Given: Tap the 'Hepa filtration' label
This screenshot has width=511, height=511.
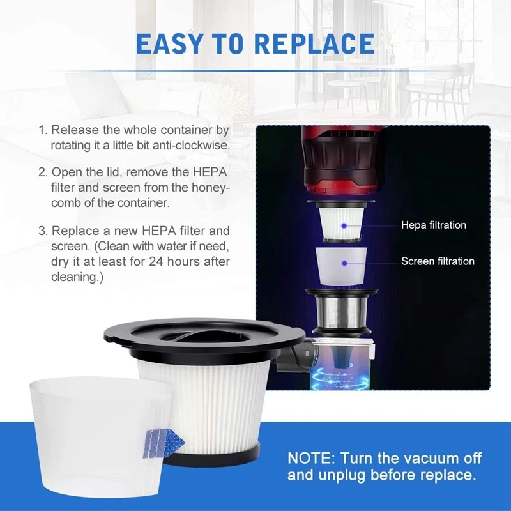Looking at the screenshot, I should click(434, 225).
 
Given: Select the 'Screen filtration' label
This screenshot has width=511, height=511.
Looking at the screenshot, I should click(438, 261).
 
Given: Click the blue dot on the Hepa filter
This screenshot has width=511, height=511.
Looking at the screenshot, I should click(344, 225).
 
